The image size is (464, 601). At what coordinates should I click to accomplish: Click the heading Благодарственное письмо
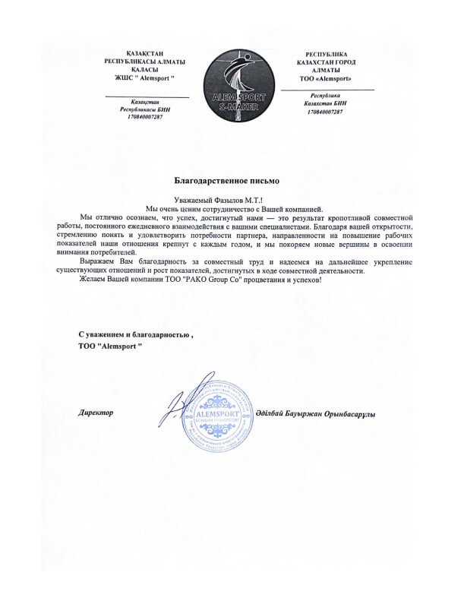coord(227,180)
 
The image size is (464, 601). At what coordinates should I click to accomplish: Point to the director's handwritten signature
coord(182,403)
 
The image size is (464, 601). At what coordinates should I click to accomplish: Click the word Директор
coord(96,412)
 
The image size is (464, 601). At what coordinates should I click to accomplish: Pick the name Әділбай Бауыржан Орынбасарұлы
coord(311,411)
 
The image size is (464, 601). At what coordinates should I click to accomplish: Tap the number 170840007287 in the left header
coord(146,119)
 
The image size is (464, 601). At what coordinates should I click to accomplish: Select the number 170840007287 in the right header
coord(326,112)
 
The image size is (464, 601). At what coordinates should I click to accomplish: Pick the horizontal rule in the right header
coord(327,90)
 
